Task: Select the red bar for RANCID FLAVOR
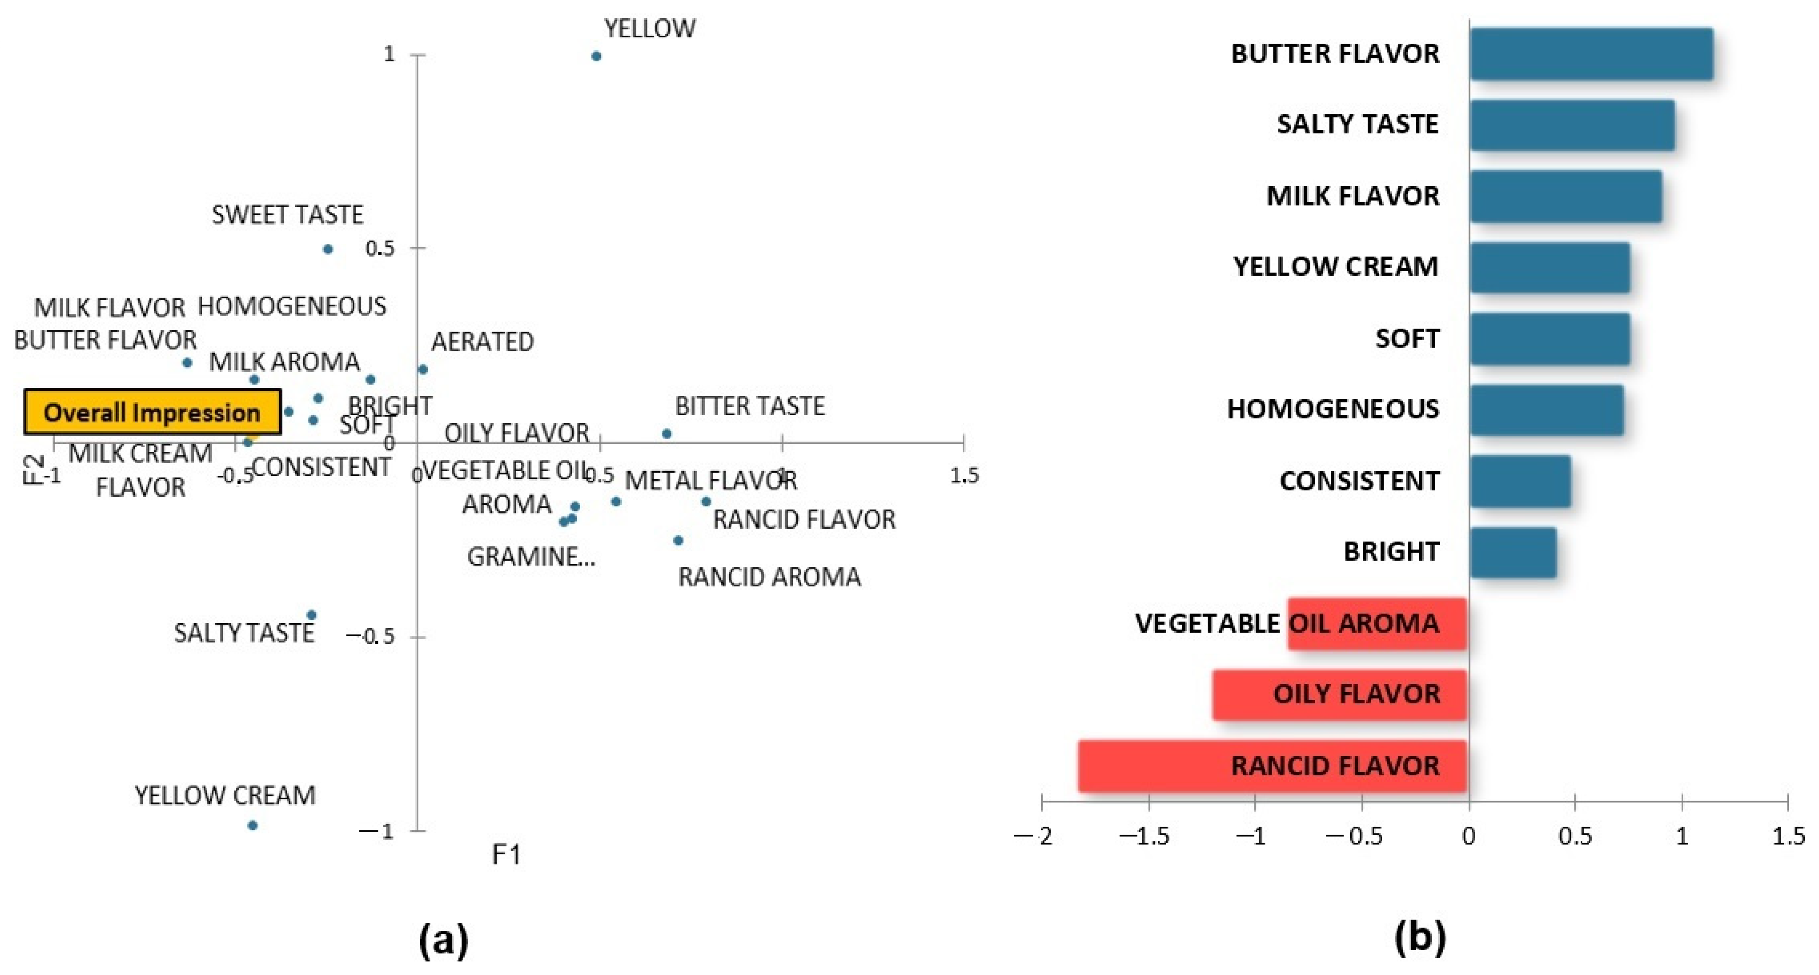(1272, 766)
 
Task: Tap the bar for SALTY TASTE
(1572, 125)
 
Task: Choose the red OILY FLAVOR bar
(1339, 695)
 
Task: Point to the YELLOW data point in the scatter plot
(596, 56)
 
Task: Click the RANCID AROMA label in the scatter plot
(769, 577)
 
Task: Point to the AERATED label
(482, 342)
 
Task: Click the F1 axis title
(506, 855)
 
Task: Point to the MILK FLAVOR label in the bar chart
(1352, 196)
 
